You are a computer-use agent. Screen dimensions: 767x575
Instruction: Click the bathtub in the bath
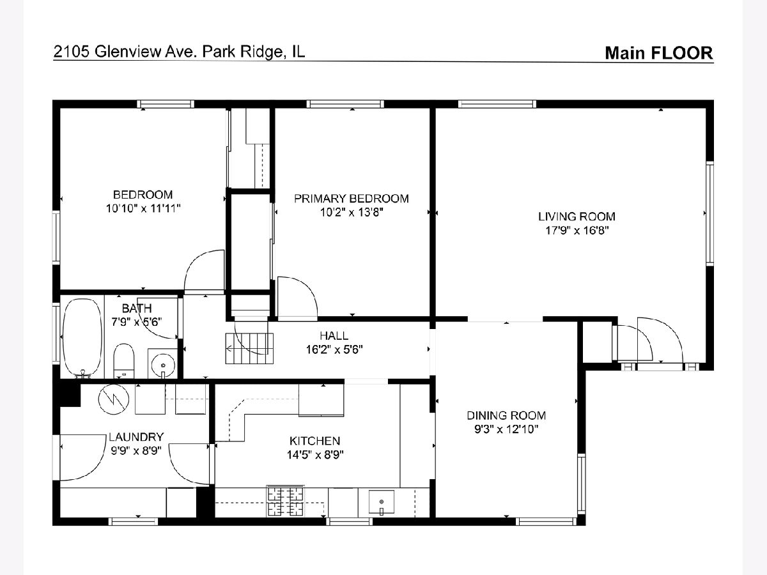[x=82, y=338]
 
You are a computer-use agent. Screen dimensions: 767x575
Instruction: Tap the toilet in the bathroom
[x=124, y=361]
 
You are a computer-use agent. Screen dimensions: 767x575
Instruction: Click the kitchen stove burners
[x=285, y=502]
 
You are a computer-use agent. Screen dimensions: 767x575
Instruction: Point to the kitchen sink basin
[x=382, y=502]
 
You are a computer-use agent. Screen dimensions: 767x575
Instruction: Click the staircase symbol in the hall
[x=249, y=348]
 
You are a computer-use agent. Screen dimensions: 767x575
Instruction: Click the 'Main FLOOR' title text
[x=659, y=53]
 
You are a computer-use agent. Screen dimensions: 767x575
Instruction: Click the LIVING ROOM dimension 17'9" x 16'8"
[x=577, y=231]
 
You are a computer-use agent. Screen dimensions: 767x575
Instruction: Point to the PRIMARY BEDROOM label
[x=351, y=198]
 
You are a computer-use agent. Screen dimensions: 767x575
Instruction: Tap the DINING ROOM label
[x=506, y=415]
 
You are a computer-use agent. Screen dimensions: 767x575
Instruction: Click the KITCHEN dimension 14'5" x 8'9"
[x=315, y=454]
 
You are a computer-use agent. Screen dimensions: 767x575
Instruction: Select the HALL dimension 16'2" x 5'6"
[x=334, y=349]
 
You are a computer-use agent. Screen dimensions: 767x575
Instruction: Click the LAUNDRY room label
[x=136, y=437]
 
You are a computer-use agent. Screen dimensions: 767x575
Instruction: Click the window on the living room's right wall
[x=709, y=213]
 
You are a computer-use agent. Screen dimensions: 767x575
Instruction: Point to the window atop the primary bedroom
[x=345, y=104]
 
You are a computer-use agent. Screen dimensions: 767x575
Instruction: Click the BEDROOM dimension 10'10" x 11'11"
[x=143, y=208]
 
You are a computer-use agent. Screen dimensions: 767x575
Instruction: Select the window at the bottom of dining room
[x=545, y=521]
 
